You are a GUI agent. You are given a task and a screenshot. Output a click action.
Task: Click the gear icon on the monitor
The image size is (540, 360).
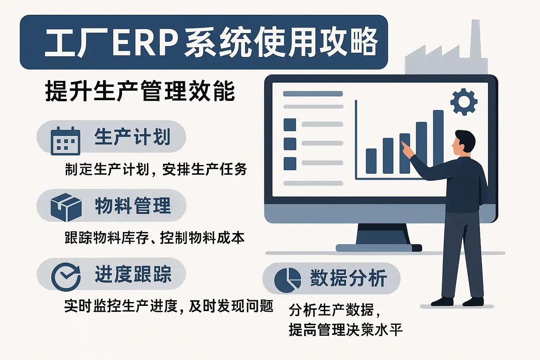pyautogui.click(x=464, y=102)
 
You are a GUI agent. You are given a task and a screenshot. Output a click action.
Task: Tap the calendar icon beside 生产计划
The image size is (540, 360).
pyautogui.click(x=65, y=141)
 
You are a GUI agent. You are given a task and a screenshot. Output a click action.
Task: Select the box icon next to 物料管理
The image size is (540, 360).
pyautogui.click(x=66, y=207)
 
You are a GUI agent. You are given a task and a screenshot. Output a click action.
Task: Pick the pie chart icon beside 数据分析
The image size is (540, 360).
pyautogui.click(x=288, y=280)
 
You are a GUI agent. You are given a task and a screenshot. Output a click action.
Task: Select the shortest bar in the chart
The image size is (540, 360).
pyautogui.click(x=371, y=161)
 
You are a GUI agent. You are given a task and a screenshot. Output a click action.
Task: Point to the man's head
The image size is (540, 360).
pyautogui.click(x=464, y=143)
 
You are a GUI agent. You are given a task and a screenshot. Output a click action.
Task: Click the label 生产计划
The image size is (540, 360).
pyautogui.click(x=132, y=137)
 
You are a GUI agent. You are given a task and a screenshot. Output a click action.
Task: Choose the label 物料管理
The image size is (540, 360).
pyautogui.click(x=133, y=205)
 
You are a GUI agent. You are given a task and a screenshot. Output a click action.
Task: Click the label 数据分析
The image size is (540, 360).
pyautogui.click(x=348, y=278)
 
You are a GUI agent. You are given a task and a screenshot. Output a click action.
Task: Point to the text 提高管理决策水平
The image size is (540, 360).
pyautogui.click(x=346, y=330)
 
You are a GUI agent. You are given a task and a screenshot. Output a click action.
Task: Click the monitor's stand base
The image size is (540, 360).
pyautogui.click(x=379, y=248)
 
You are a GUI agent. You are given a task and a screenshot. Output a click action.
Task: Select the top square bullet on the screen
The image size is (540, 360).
pyautogui.click(x=290, y=125)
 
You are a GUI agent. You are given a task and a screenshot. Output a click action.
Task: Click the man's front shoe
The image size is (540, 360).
pyautogui.click(x=442, y=302)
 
